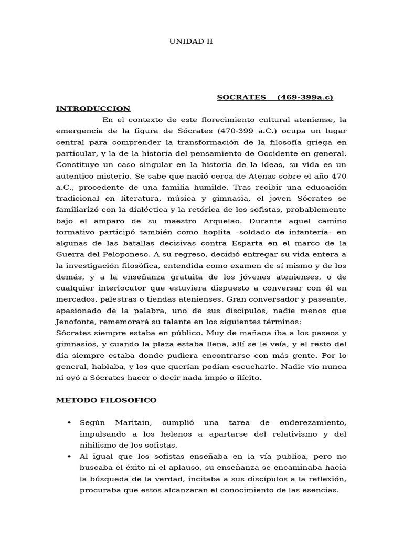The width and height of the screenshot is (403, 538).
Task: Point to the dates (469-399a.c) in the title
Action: (305, 98)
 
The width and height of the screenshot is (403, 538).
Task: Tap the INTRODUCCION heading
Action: (93, 109)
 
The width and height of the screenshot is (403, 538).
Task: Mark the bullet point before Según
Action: (70, 423)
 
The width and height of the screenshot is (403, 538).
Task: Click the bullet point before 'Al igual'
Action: (70, 456)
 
